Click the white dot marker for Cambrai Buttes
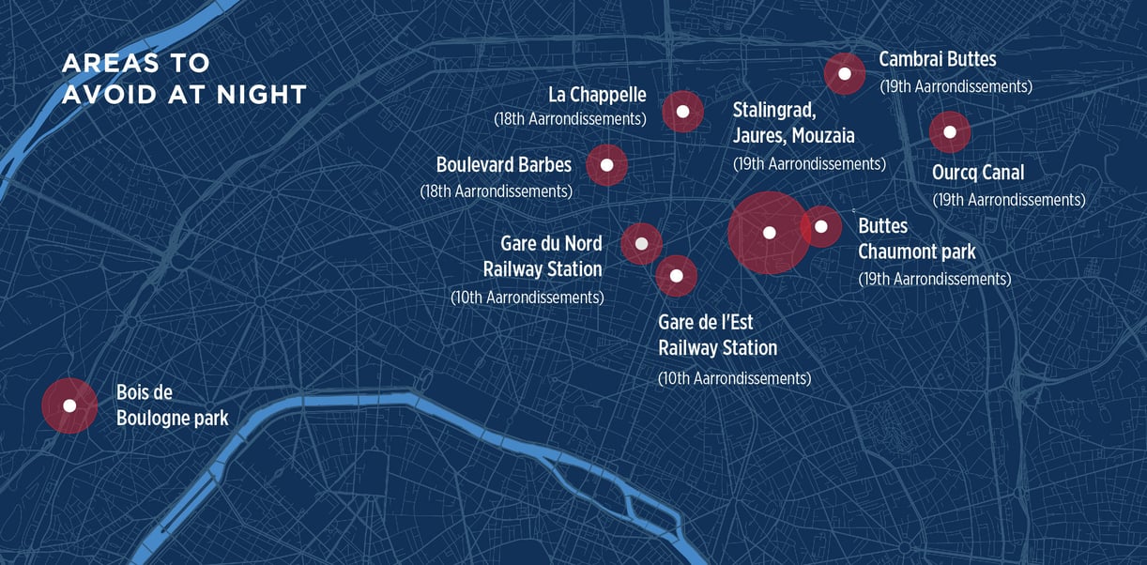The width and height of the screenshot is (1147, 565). pos(845,73)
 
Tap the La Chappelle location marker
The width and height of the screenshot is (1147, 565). pos(683,112)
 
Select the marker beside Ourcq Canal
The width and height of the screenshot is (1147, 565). pos(949,131)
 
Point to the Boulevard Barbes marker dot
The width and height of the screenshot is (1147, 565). pos(606,165)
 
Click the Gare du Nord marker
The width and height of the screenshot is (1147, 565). pos(642,244)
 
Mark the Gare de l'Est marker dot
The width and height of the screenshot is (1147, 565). pos(676,276)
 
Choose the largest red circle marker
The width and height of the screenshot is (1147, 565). pos(769,233)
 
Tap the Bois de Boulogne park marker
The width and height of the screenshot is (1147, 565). pos(69,405)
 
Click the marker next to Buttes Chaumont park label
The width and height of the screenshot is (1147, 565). pos(821,226)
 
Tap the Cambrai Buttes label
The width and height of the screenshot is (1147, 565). pos(937,59)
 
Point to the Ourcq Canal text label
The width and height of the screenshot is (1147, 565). pos(977,173)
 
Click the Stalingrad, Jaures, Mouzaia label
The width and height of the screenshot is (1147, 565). pos(793,122)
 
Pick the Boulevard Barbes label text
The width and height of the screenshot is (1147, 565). pos(503,165)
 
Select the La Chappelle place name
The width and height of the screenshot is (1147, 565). pos(597,95)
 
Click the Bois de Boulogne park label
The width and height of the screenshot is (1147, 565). pos(172,405)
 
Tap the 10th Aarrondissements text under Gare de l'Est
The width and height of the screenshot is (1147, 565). pos(734,378)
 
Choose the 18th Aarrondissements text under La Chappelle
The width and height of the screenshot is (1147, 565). pos(570,119)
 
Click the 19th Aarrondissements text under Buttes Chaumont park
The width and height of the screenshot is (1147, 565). pos(934,279)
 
